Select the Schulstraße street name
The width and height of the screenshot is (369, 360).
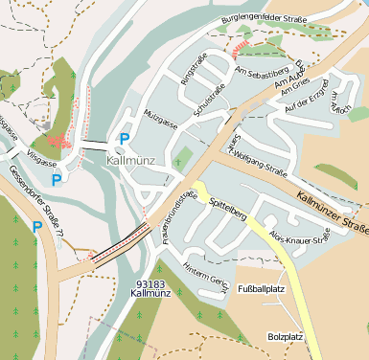[209, 100]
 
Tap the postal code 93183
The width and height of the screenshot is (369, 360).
[150, 284]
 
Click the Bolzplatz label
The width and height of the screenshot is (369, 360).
[286, 337]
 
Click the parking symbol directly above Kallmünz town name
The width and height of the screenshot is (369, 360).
[123, 139]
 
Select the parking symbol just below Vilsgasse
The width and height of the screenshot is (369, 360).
[56, 179]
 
